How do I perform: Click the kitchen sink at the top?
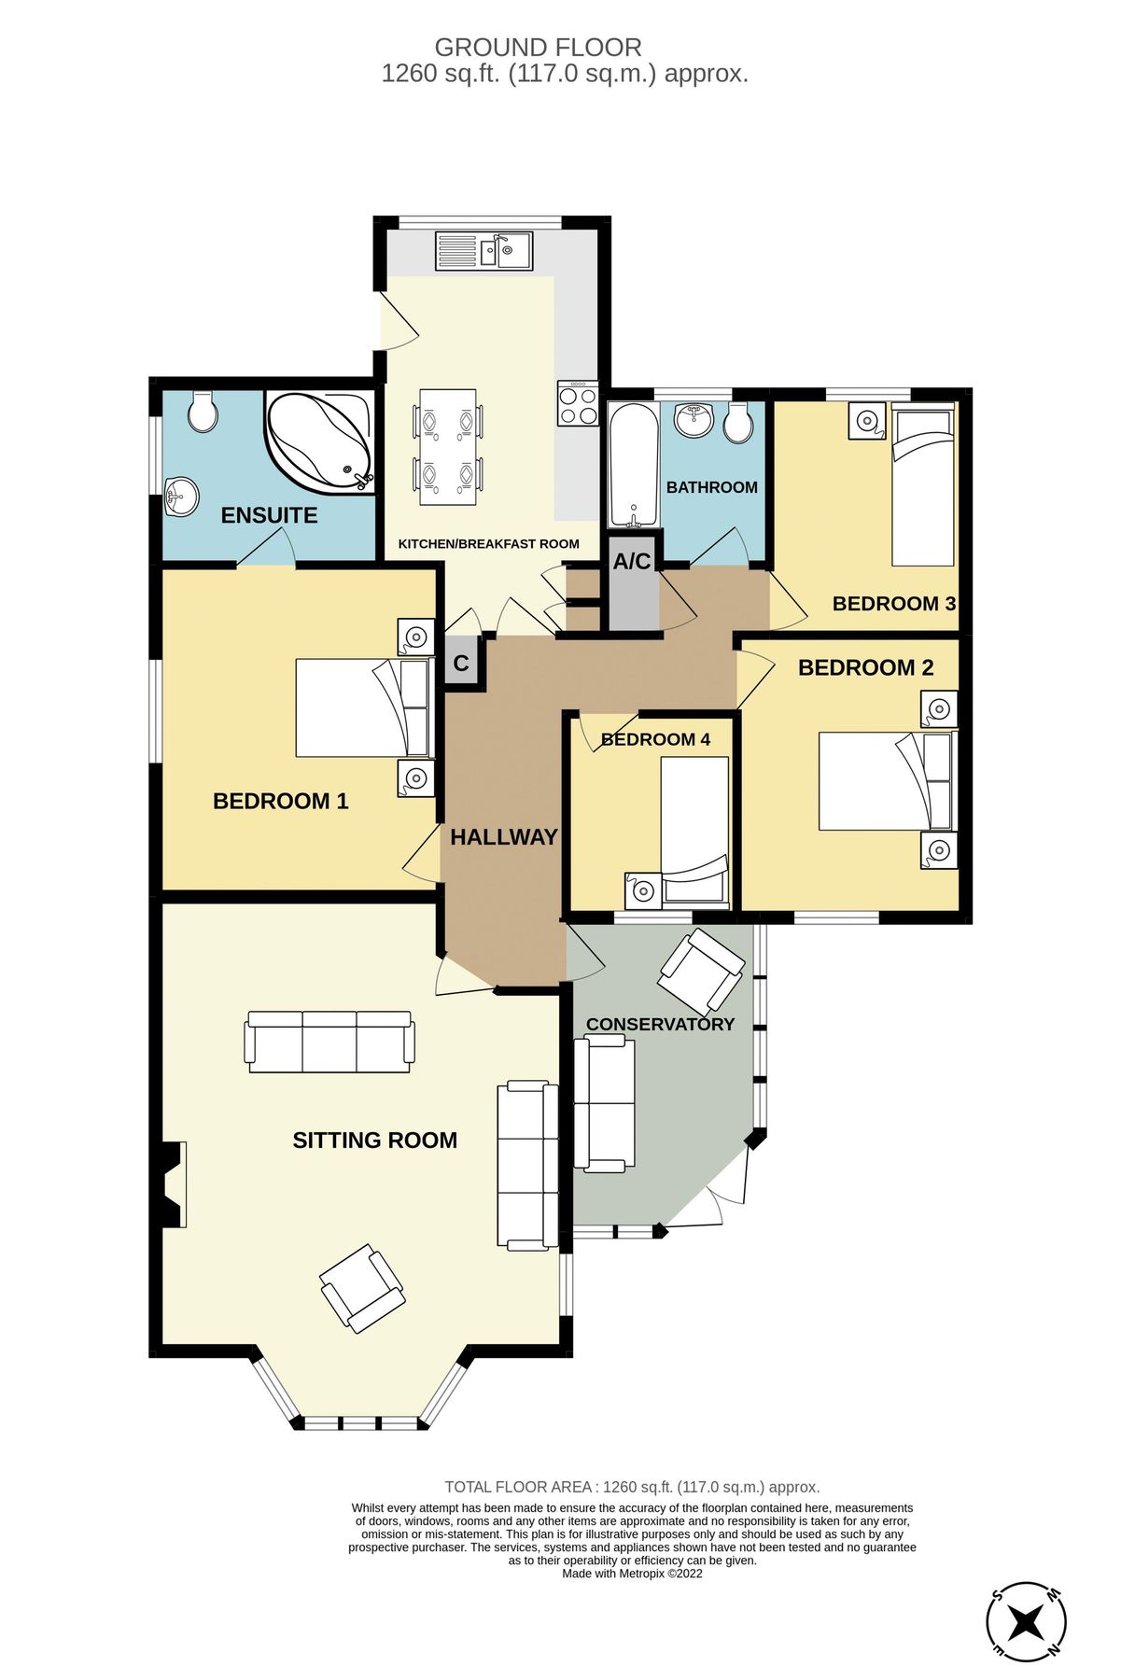point(483,250)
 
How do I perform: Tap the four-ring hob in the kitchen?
point(577,403)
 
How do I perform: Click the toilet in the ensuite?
point(203,412)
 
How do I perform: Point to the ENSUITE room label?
point(269,515)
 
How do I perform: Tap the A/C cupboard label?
point(632,562)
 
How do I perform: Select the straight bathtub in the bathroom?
point(633,464)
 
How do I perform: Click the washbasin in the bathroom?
point(694,420)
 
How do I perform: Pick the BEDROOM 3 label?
point(893,604)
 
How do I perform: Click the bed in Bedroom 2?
point(884,781)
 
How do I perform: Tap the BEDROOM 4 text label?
point(655,740)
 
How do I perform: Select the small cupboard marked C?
point(461,664)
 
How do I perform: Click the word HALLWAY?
point(503,837)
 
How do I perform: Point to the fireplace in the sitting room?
point(170,1184)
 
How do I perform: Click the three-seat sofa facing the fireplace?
point(329,1042)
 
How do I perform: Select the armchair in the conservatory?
point(702,972)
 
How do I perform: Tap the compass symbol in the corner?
point(1026,1621)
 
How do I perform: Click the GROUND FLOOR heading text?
point(539,48)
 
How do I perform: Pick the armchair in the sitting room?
point(362,1287)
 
